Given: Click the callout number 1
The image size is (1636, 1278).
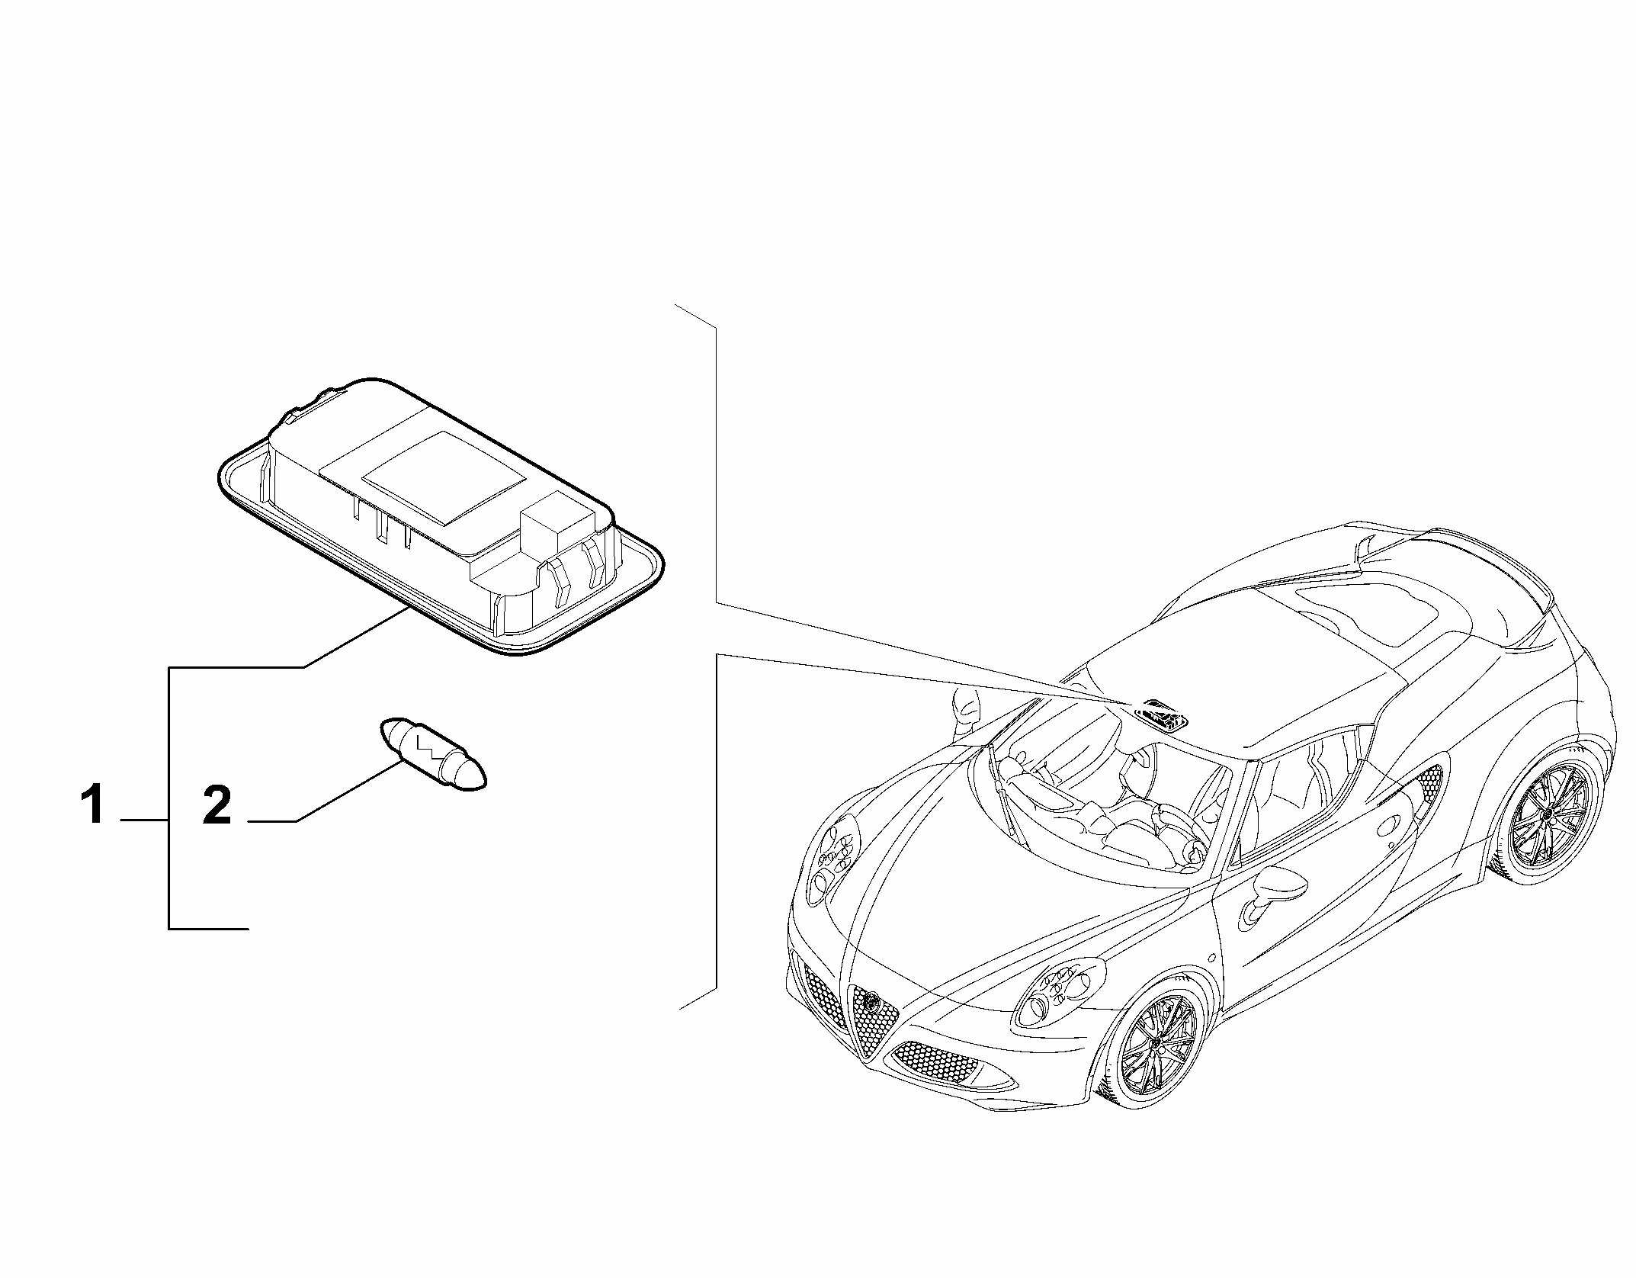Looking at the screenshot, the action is [94, 806].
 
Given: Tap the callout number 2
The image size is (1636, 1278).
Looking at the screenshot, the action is [217, 806].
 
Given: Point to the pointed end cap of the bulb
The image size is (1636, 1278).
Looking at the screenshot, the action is [472, 776].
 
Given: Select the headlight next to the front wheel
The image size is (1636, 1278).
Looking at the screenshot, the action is [1059, 991].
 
